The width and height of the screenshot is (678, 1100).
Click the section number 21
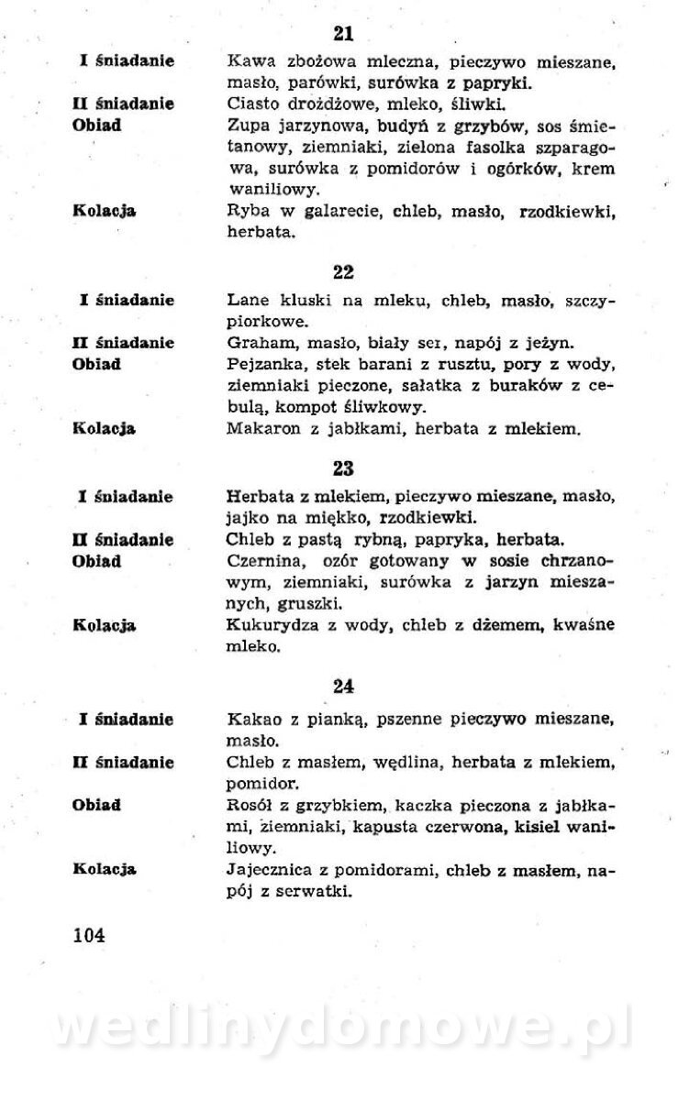coord(343,34)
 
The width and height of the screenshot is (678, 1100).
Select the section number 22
coord(343,272)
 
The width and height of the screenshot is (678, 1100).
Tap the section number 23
coord(343,468)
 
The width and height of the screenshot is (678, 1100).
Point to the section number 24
coord(343,686)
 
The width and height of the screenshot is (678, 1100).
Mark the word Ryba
coord(245,211)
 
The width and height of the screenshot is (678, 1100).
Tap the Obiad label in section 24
coord(96,806)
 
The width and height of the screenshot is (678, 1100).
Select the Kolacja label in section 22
coord(104,428)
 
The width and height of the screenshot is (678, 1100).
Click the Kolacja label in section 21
coord(104,211)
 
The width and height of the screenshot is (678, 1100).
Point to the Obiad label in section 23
coord(96,561)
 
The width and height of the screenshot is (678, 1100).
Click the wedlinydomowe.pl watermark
coord(341,1028)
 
